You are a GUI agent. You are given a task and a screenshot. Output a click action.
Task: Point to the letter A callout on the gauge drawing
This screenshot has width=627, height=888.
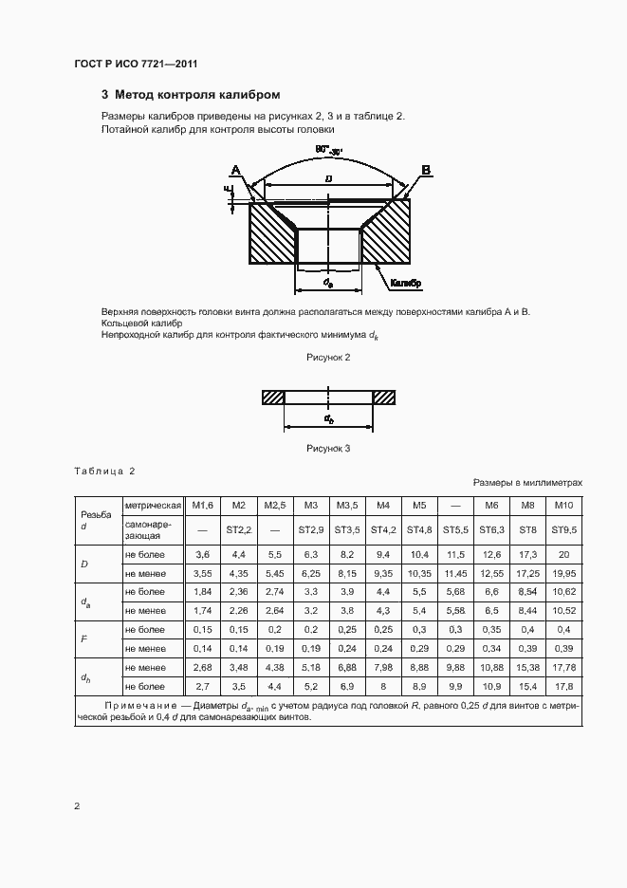pos(235,170)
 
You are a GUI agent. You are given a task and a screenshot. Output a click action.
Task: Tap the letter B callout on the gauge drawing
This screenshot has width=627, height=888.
pos(426,170)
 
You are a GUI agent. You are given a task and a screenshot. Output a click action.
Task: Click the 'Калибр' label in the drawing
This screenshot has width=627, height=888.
pos(404,283)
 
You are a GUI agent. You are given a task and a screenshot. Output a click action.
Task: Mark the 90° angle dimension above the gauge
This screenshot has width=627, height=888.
pos(329,149)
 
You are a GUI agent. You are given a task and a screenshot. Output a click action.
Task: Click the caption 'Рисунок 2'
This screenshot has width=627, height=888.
pos(328,357)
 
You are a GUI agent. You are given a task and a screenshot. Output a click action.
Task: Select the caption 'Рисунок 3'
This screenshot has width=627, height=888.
pos(328,449)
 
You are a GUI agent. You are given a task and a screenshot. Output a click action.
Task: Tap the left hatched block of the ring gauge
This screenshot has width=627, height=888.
pos(273,397)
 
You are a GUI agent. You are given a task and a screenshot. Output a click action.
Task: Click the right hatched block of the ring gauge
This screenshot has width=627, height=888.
pos(383,397)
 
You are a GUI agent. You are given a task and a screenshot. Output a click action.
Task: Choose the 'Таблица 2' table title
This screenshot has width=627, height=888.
pos(104,472)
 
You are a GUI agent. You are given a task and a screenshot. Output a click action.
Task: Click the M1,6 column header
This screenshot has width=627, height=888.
pos(201,505)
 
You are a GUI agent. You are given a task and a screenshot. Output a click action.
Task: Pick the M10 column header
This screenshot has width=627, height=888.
pos(564,505)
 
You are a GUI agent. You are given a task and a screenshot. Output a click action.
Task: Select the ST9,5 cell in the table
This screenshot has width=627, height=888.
pos(564,529)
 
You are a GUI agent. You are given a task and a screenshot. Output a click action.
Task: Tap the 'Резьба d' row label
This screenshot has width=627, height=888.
pos(96,518)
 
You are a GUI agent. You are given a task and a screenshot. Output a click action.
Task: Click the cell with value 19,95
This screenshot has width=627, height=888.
pos(564,574)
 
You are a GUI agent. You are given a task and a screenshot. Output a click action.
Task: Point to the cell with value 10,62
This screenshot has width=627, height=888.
pos(564,591)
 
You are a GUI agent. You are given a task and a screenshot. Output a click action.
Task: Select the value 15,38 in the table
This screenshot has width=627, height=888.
pos(528,667)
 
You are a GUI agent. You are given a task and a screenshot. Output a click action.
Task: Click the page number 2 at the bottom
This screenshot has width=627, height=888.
pos(77,806)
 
